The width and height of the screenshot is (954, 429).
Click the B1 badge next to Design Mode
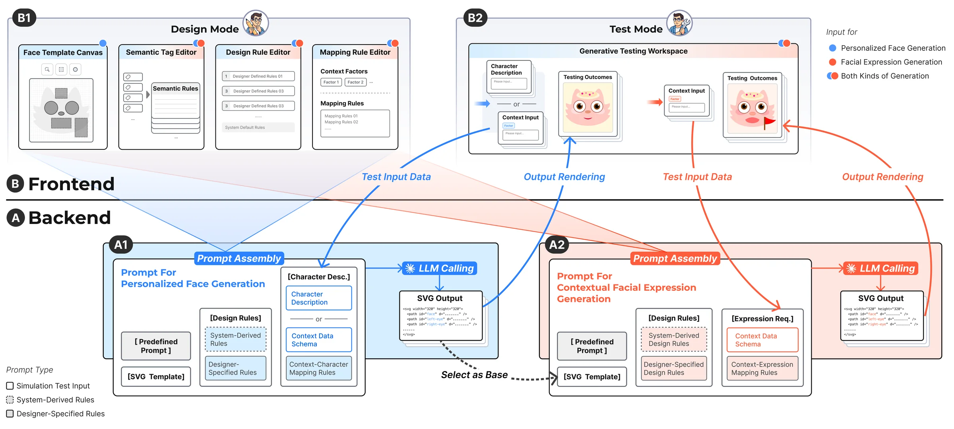point(24,18)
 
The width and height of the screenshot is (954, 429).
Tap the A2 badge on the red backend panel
point(556,245)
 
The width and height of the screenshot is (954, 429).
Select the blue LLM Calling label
point(440,269)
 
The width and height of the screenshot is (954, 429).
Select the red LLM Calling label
point(881,269)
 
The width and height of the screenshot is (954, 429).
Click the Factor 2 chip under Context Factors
point(355,82)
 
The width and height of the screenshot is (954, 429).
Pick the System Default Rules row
point(258,128)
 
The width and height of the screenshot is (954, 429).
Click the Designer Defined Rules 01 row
point(258,76)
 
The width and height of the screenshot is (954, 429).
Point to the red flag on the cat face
point(770,122)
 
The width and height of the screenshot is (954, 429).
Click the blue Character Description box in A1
point(319,298)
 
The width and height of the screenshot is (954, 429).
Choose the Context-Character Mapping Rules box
point(319,368)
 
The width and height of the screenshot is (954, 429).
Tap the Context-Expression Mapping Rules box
point(762,368)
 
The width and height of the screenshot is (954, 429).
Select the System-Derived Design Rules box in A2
point(674,340)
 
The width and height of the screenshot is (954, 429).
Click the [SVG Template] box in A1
point(156,377)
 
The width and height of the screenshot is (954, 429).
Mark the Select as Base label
point(474,375)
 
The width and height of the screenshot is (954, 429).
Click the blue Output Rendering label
point(564,177)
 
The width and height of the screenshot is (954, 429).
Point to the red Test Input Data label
point(697,177)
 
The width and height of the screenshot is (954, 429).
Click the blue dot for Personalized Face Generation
point(832,48)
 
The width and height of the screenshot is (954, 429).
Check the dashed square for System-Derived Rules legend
point(10,400)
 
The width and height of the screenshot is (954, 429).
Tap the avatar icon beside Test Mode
point(679,23)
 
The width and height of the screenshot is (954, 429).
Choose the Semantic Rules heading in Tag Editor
point(175,89)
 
